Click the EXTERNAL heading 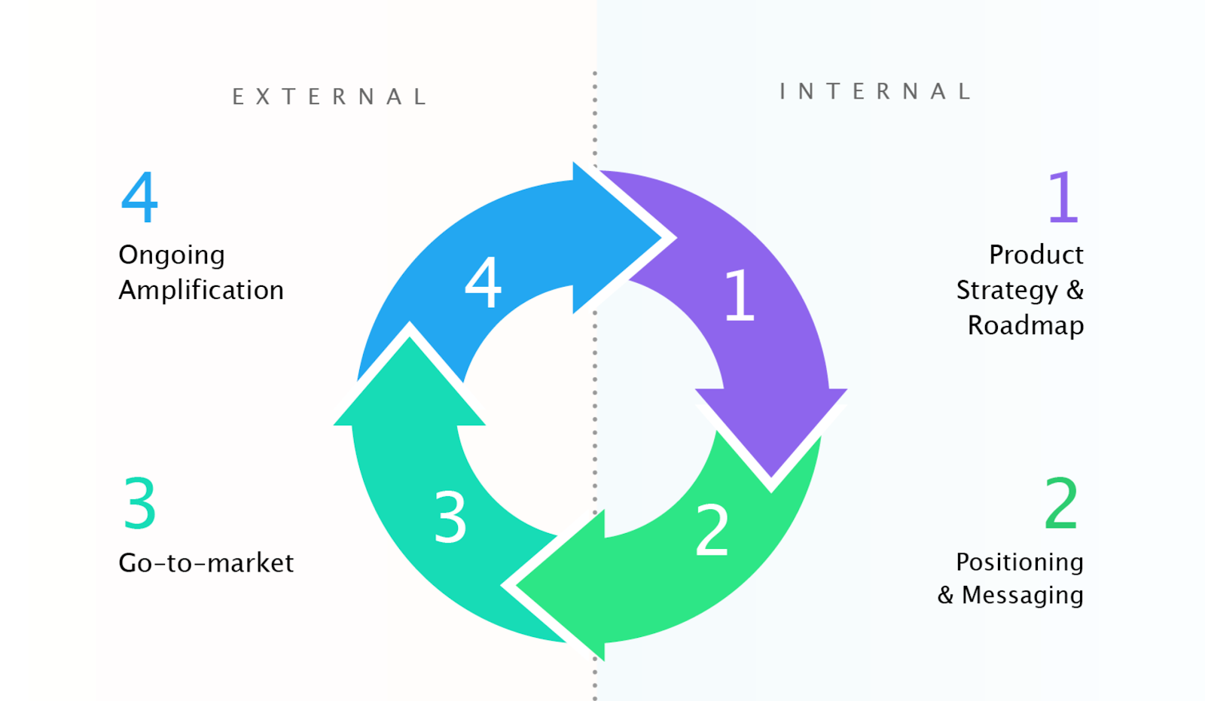(330, 97)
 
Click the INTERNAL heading (876, 92)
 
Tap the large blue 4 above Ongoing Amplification (140, 197)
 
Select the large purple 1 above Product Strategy (1063, 197)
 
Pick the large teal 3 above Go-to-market (140, 503)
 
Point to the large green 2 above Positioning (1061, 503)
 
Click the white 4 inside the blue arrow (483, 282)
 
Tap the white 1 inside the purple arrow (739, 295)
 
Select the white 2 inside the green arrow (712, 530)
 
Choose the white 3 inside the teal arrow (450, 517)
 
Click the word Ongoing (172, 255)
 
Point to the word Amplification (201, 290)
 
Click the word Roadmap (1026, 325)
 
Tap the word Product (1036, 254)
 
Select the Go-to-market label (206, 562)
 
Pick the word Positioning (1020, 562)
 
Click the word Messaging (1022, 595)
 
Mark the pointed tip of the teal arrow (410, 339)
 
